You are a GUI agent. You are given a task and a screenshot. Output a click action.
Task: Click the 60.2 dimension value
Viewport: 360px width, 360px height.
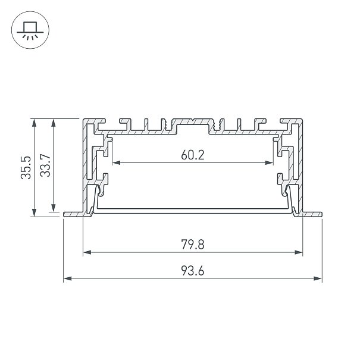point(192,155)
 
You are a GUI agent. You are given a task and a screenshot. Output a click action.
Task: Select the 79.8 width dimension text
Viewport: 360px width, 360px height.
point(192,245)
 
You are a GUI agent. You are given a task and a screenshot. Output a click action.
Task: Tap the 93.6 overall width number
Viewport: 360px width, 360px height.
point(192,271)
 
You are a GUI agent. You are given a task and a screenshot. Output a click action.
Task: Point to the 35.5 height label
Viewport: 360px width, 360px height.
point(26,168)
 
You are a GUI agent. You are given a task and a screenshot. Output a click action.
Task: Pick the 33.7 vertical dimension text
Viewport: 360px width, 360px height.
point(45,165)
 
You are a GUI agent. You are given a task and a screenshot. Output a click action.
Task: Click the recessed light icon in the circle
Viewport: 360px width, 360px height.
point(30,31)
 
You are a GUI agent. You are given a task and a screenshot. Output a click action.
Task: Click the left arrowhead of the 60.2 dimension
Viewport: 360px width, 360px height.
point(117,163)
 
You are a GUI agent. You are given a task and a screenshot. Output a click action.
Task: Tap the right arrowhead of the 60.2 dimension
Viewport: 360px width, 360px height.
point(269,163)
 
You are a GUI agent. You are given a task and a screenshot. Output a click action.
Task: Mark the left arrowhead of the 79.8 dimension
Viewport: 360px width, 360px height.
point(87,252)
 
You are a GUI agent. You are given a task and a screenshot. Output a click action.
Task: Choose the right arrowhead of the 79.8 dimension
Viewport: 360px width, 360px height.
point(298,252)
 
